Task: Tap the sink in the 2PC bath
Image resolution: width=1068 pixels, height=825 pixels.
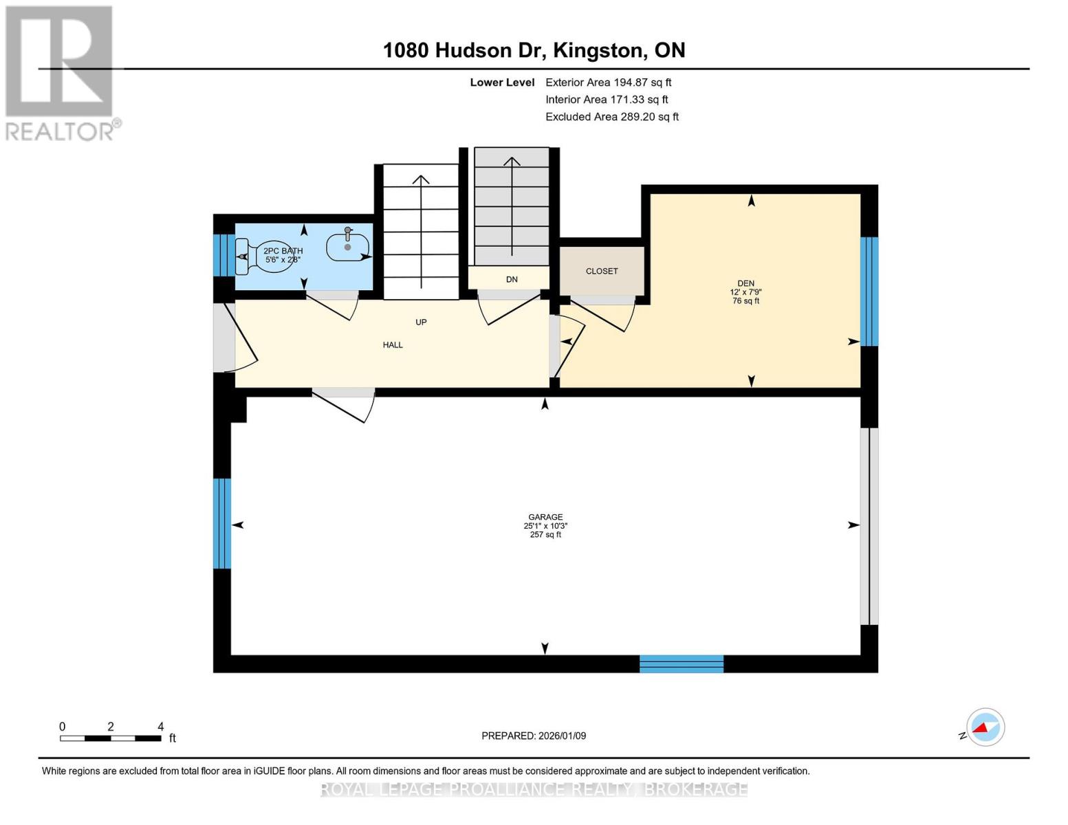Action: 347,247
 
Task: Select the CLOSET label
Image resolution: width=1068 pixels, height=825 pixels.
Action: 602,271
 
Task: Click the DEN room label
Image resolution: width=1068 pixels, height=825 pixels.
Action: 745,283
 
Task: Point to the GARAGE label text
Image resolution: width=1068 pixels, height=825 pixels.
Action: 545,517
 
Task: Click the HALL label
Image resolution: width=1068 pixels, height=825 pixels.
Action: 393,345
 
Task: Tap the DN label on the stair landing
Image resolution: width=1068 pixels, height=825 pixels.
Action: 512,279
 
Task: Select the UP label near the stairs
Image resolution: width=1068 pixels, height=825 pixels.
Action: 421,322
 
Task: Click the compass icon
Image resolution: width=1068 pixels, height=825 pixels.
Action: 985,727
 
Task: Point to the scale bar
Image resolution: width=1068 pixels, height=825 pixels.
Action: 111,738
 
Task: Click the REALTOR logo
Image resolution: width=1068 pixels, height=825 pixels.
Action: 61,72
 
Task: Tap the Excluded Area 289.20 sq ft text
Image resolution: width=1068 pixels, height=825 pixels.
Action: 611,117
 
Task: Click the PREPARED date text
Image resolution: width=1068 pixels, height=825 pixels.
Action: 534,736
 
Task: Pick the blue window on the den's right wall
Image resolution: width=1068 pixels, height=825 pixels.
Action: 869,291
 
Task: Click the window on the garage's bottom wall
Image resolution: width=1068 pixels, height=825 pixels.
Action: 681,663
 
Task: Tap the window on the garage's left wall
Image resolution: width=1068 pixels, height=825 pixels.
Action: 221,524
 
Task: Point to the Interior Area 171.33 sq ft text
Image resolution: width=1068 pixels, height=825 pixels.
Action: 607,100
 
